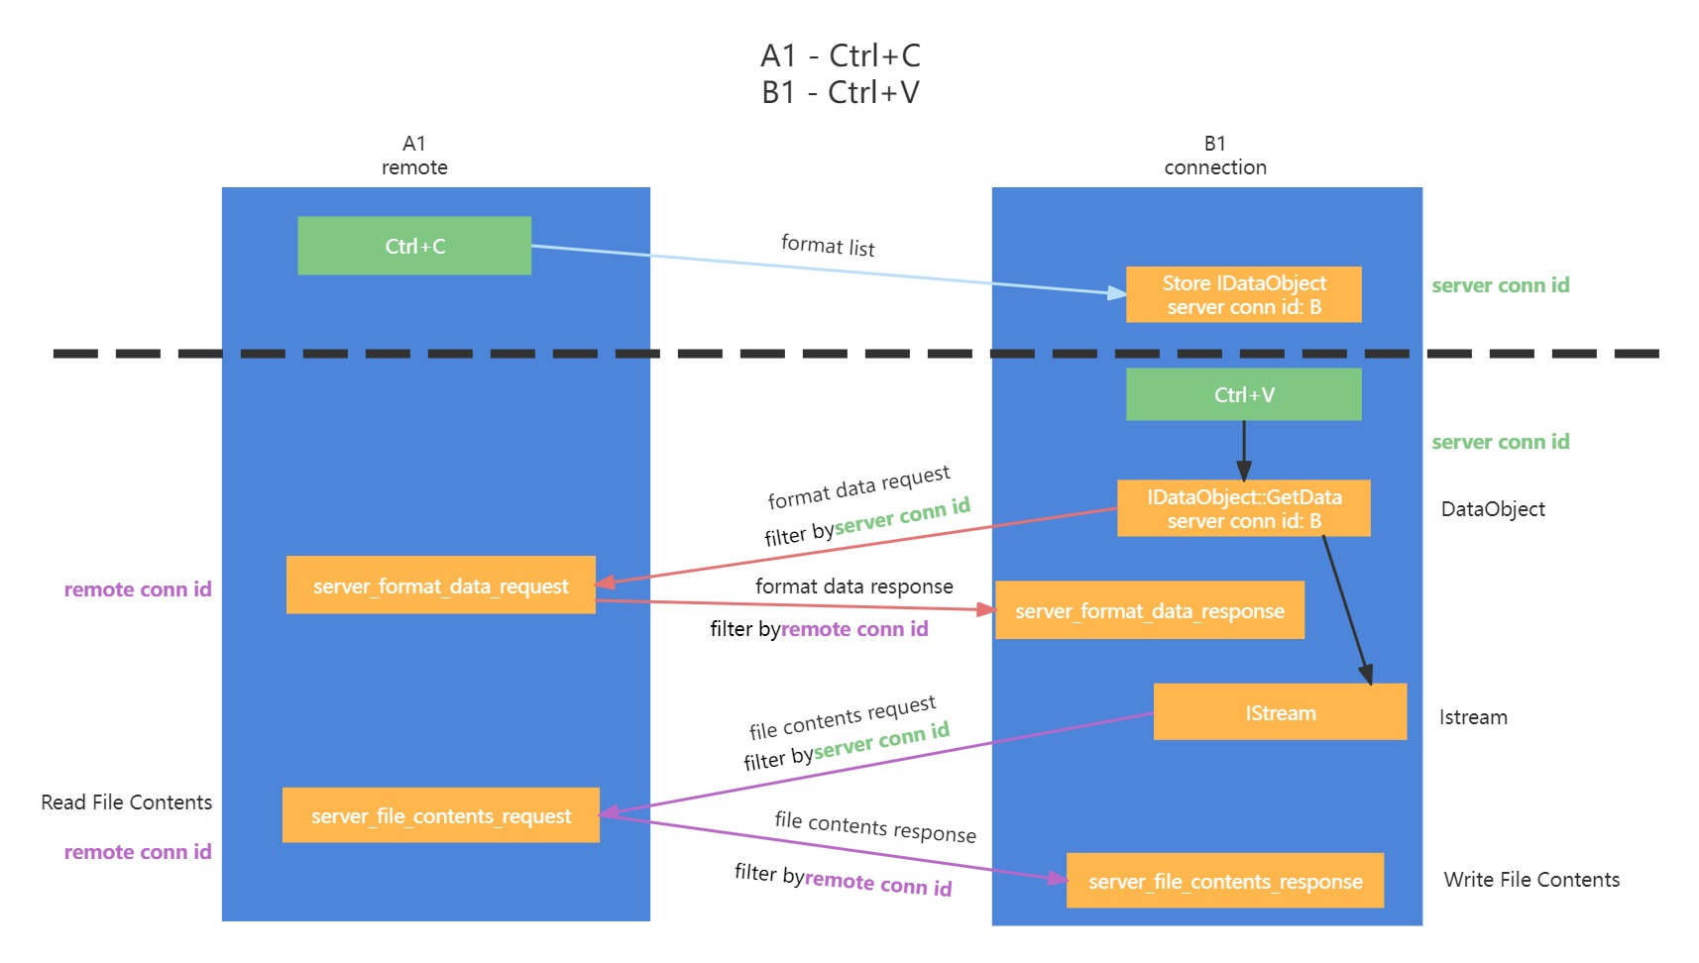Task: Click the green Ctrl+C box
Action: tap(414, 246)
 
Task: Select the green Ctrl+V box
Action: tap(1243, 394)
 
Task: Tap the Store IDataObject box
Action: tap(1243, 294)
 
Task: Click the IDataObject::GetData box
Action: tap(1243, 508)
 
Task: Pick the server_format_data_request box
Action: tap(440, 586)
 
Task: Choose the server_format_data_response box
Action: tap(1149, 610)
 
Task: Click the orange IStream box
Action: tap(1280, 712)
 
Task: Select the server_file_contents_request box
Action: tap(440, 815)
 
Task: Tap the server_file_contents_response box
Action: tap(1224, 881)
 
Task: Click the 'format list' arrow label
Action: tap(828, 245)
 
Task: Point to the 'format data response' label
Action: tap(853, 587)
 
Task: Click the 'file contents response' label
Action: tap(875, 826)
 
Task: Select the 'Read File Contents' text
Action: tap(126, 802)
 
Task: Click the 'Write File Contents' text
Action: tap(1531, 880)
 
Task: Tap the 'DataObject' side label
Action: tap(1493, 509)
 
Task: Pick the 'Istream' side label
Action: tap(1473, 717)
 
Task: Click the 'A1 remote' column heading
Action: tap(414, 156)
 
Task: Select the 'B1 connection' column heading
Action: tap(1215, 156)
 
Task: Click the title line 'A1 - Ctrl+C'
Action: tap(841, 55)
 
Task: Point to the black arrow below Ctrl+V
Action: tap(1243, 451)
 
